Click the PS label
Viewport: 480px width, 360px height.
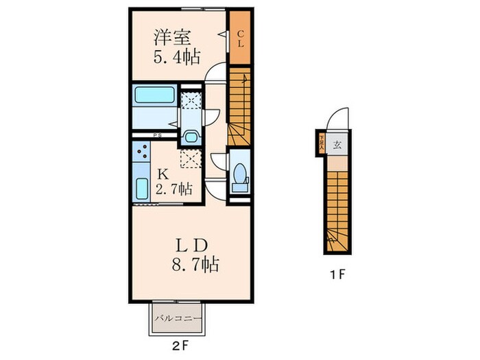156,135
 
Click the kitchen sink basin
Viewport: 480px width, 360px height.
142,187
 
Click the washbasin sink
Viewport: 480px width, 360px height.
191,135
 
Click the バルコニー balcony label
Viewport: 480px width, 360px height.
177,319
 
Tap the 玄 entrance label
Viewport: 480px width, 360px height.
337,145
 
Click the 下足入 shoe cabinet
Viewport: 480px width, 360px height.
321,144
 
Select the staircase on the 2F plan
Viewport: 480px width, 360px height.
241,106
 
